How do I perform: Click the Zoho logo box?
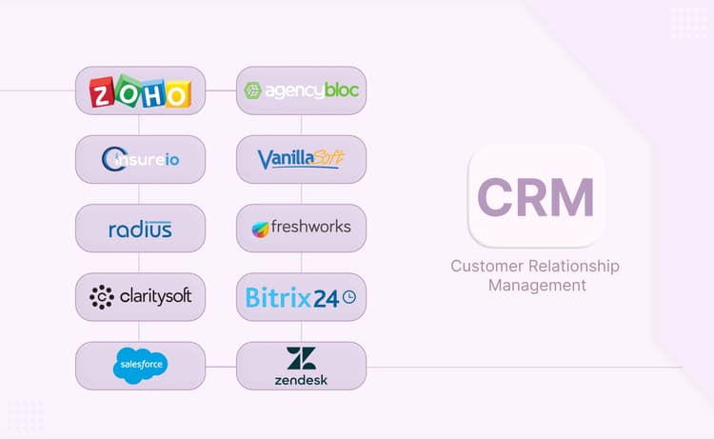140,90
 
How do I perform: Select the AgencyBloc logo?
301,90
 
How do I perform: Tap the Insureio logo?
140,159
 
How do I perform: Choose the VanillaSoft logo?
301,159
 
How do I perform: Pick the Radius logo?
140,228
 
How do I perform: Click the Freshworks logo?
301,228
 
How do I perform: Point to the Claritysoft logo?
140,297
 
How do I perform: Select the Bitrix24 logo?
301,297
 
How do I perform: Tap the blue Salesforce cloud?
140,365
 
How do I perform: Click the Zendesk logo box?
301,366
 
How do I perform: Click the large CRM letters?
536,197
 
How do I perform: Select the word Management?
536,285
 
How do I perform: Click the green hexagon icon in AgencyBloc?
253,90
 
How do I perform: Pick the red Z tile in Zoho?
103,93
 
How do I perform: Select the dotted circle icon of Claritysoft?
101,297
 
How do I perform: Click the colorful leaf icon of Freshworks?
261,229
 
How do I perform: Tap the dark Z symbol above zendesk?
301,358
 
